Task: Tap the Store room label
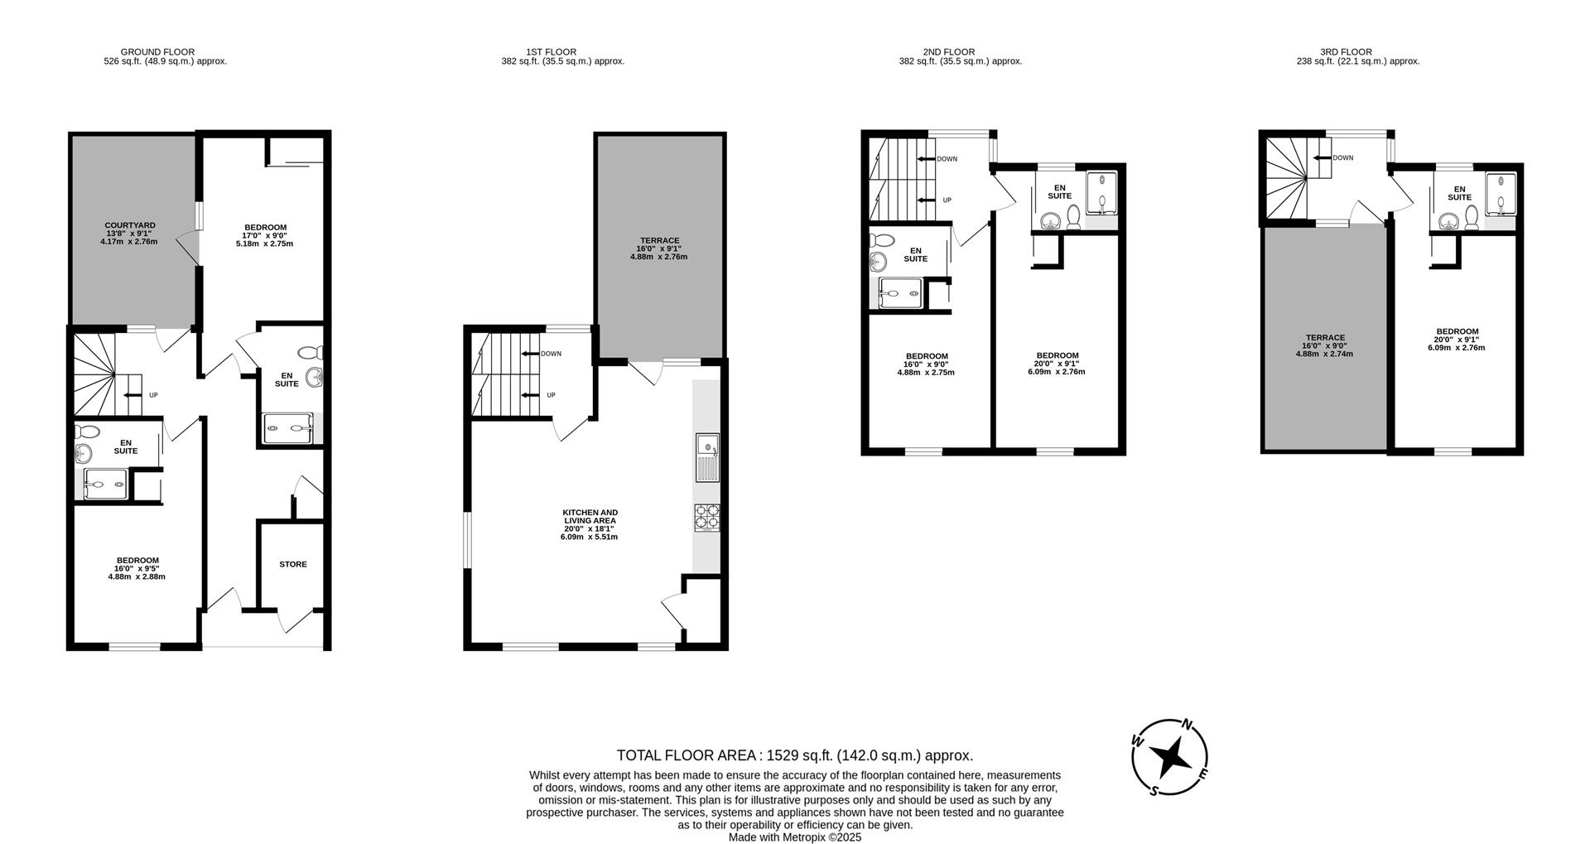[x=292, y=564]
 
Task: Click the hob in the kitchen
[x=706, y=518]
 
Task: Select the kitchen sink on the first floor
[x=707, y=457]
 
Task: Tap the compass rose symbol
[x=1169, y=756]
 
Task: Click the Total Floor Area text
[x=794, y=755]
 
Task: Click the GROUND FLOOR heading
[x=157, y=52]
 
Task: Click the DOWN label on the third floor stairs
[x=1342, y=157]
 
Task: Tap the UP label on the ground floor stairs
[x=153, y=395]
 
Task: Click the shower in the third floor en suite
[x=1500, y=193]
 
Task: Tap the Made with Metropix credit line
[x=794, y=837]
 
